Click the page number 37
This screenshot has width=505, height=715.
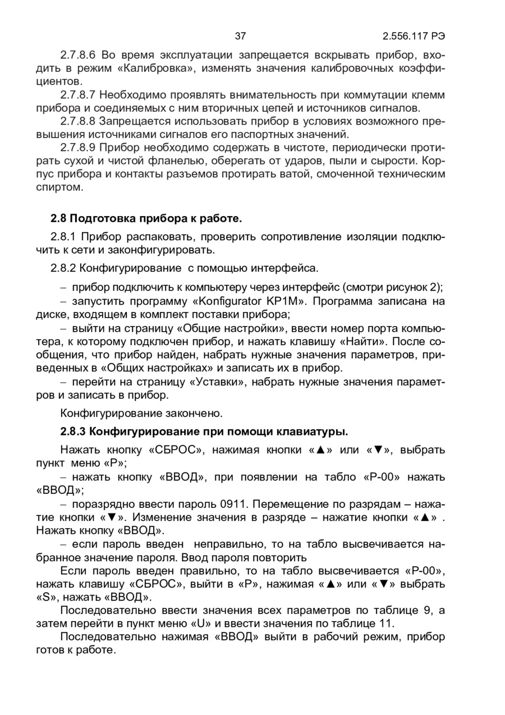click(240, 37)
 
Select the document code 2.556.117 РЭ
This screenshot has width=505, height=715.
click(414, 37)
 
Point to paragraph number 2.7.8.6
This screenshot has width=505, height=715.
click(79, 55)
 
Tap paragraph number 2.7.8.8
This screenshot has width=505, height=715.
click(79, 121)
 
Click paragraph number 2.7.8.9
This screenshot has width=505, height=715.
click(79, 148)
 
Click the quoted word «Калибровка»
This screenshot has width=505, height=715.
click(163, 68)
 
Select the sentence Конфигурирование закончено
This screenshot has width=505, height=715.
click(141, 414)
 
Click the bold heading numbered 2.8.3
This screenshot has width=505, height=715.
click(204, 432)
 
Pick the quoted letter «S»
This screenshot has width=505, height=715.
click(47, 597)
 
